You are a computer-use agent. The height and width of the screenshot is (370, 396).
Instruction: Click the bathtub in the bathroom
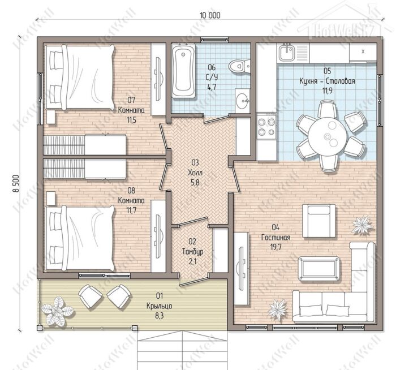(x=184, y=71)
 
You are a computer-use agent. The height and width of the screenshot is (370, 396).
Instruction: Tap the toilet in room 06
(x=239, y=66)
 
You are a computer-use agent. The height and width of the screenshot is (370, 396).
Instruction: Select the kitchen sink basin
(x=286, y=53)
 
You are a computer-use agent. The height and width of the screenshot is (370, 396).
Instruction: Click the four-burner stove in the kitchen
(x=266, y=127)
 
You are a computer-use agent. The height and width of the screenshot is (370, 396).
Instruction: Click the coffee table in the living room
(x=318, y=269)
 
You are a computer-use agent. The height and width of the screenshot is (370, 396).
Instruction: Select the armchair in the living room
(x=319, y=221)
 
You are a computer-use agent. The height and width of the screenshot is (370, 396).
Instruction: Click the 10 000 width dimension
(x=210, y=15)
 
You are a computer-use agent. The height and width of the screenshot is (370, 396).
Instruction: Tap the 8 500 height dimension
(x=16, y=184)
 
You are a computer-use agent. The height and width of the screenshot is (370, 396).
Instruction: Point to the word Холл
(x=195, y=173)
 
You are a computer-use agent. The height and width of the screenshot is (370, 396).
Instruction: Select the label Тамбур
(x=193, y=252)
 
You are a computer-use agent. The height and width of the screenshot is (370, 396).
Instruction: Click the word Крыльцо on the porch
(x=160, y=306)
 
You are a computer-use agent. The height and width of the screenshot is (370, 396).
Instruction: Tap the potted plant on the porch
(x=57, y=311)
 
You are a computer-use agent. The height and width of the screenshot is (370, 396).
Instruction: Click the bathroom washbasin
(x=243, y=101)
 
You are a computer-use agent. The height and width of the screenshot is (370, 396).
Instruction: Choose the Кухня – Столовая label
(x=327, y=81)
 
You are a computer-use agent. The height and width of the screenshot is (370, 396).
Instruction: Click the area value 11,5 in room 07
(x=131, y=120)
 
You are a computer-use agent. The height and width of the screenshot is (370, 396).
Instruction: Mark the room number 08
(x=131, y=190)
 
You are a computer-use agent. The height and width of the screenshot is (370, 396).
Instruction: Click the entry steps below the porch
(x=182, y=350)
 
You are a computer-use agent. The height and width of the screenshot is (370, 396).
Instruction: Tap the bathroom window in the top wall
(x=214, y=40)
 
